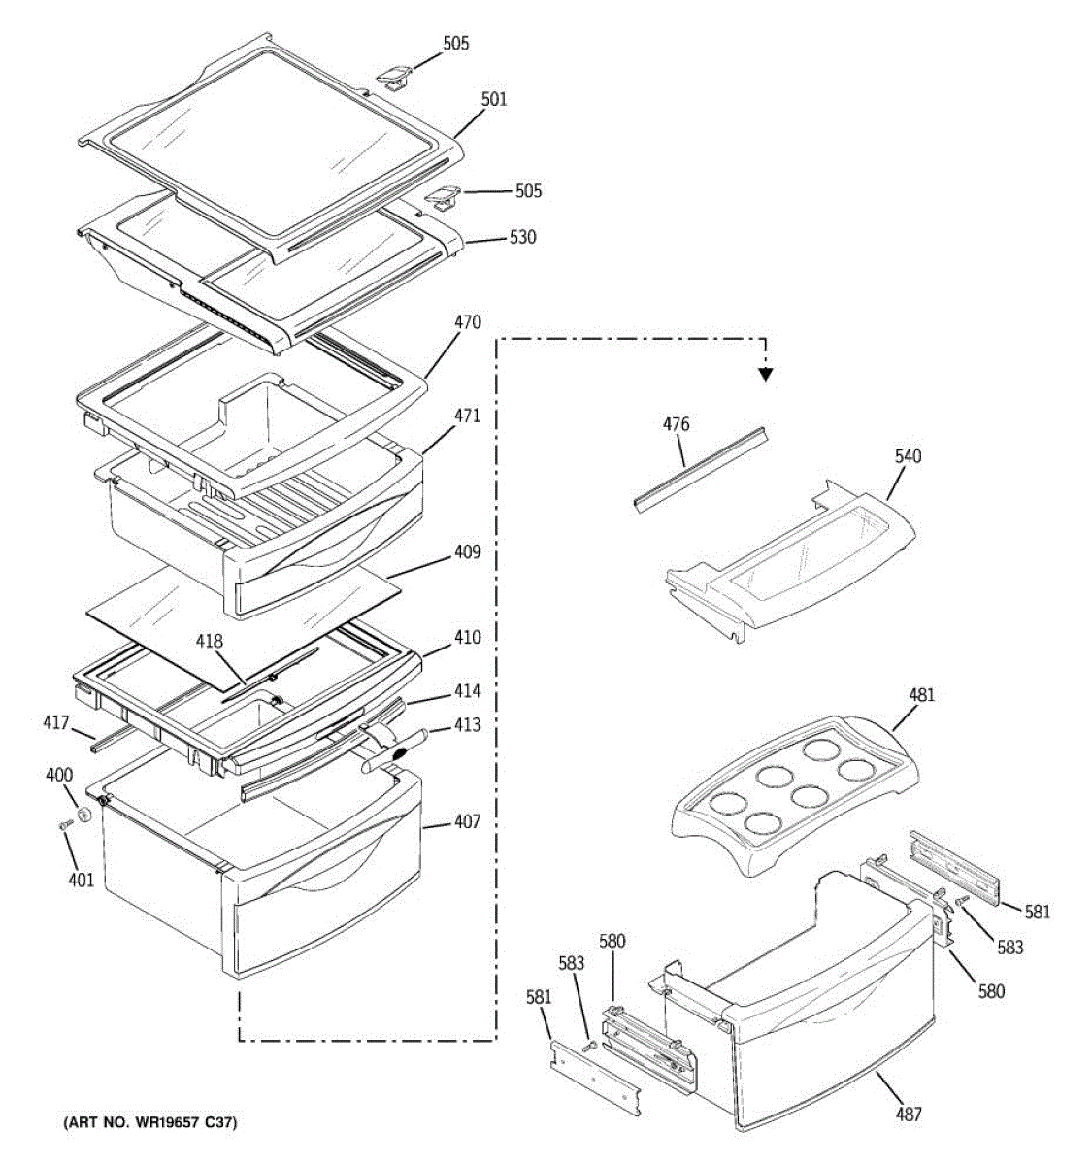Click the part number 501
[x=493, y=99]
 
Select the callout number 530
[x=522, y=237]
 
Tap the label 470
[x=467, y=322]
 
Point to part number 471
[x=467, y=416]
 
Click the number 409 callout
[x=467, y=553]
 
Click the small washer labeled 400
[x=84, y=814]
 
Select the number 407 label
[x=467, y=822]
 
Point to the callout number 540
[x=909, y=456]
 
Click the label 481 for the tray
[x=921, y=695]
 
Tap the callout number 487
[x=909, y=1115]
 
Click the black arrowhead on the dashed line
[x=766, y=374]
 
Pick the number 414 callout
[x=467, y=691]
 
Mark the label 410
[x=467, y=638]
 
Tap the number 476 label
[x=677, y=424]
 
